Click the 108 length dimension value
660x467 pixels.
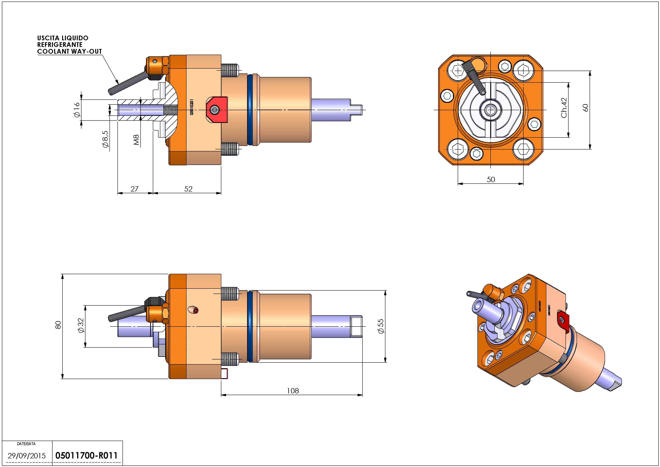[293, 391]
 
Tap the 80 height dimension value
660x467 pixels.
[58, 325]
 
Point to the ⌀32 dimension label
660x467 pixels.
[81, 326]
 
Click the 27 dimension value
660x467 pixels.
[135, 189]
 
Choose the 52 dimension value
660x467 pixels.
[188, 189]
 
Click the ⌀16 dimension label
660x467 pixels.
[76, 110]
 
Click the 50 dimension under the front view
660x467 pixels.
[491, 179]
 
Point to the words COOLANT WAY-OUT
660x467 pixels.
[70, 51]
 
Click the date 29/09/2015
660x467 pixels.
[27, 456]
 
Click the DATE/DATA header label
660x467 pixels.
[26, 444]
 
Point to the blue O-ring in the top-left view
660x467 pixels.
[250, 110]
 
